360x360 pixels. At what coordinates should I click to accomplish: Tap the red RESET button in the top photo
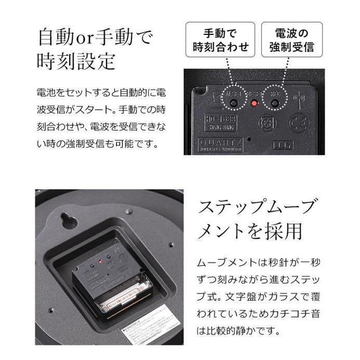click(x=254, y=103)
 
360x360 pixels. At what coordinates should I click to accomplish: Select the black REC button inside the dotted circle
click(x=274, y=103)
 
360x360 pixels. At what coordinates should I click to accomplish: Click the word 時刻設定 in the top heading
click(x=76, y=62)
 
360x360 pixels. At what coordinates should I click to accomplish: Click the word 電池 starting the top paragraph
click(x=45, y=93)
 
